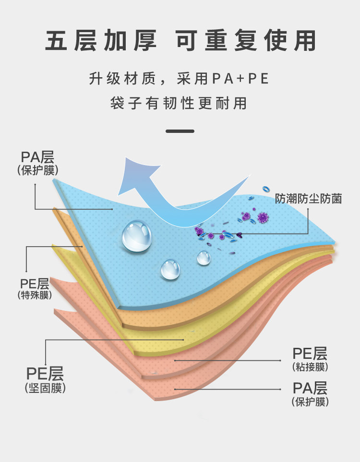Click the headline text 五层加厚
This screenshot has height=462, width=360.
(101, 41)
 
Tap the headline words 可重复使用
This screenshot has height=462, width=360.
(245, 41)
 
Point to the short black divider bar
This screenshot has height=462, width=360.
(180, 131)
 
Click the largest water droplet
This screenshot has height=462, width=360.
(137, 236)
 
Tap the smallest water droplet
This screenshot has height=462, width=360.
(204, 258)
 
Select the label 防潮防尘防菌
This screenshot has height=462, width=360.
(308, 199)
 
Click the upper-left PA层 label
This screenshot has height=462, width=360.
(37, 157)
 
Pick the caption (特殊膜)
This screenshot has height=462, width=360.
(34, 296)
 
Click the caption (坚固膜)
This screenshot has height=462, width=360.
(45, 388)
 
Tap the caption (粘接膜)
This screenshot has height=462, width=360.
(310, 367)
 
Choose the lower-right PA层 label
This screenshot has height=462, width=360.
(310, 387)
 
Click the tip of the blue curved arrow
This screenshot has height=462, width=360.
(126, 161)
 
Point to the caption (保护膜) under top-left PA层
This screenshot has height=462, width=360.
(37, 170)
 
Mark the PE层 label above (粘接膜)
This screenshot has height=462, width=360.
(310, 354)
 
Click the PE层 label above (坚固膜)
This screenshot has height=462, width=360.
(45, 373)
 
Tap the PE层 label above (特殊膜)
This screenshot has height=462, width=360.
(34, 283)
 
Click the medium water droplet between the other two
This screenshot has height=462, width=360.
(170, 270)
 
